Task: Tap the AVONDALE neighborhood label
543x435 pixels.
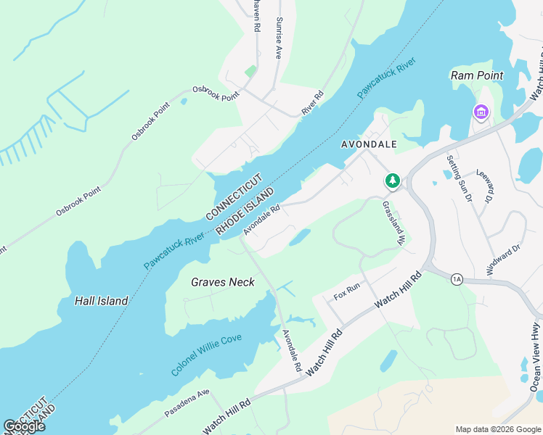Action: click(x=370, y=144)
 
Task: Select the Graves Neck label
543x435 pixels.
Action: click(x=223, y=282)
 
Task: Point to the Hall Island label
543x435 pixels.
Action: click(x=102, y=300)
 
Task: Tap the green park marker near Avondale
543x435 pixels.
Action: click(x=393, y=180)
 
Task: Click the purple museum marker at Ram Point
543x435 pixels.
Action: click(x=481, y=112)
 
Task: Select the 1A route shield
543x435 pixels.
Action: click(x=457, y=279)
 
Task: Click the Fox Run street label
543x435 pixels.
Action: click(x=347, y=292)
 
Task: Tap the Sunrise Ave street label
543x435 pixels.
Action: click(x=279, y=38)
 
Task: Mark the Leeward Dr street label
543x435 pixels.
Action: click(x=486, y=187)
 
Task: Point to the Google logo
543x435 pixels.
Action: click(x=24, y=426)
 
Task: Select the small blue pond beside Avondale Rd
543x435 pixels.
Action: click(x=299, y=237)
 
